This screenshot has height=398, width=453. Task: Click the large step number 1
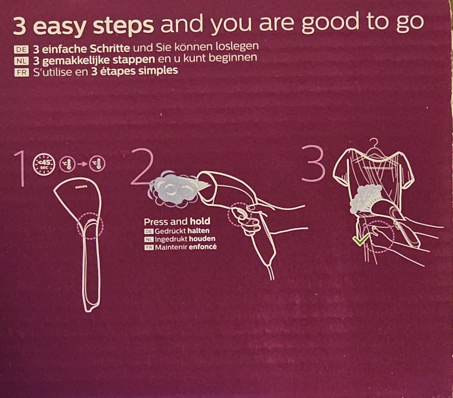coord(20,169)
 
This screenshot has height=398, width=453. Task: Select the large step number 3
coord(313,163)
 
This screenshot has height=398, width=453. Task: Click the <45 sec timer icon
coord(43,164)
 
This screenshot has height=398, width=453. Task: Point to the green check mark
coord(361,239)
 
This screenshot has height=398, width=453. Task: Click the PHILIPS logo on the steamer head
coord(81,187)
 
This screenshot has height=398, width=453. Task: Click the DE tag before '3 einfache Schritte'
coord(21,50)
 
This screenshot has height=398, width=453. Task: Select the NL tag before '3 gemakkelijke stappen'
coord(21,61)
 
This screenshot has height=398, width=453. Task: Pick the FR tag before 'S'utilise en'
coord(21,72)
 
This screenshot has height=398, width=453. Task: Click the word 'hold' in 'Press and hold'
coord(200,221)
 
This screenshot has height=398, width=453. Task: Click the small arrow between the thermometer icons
coord(82,164)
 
